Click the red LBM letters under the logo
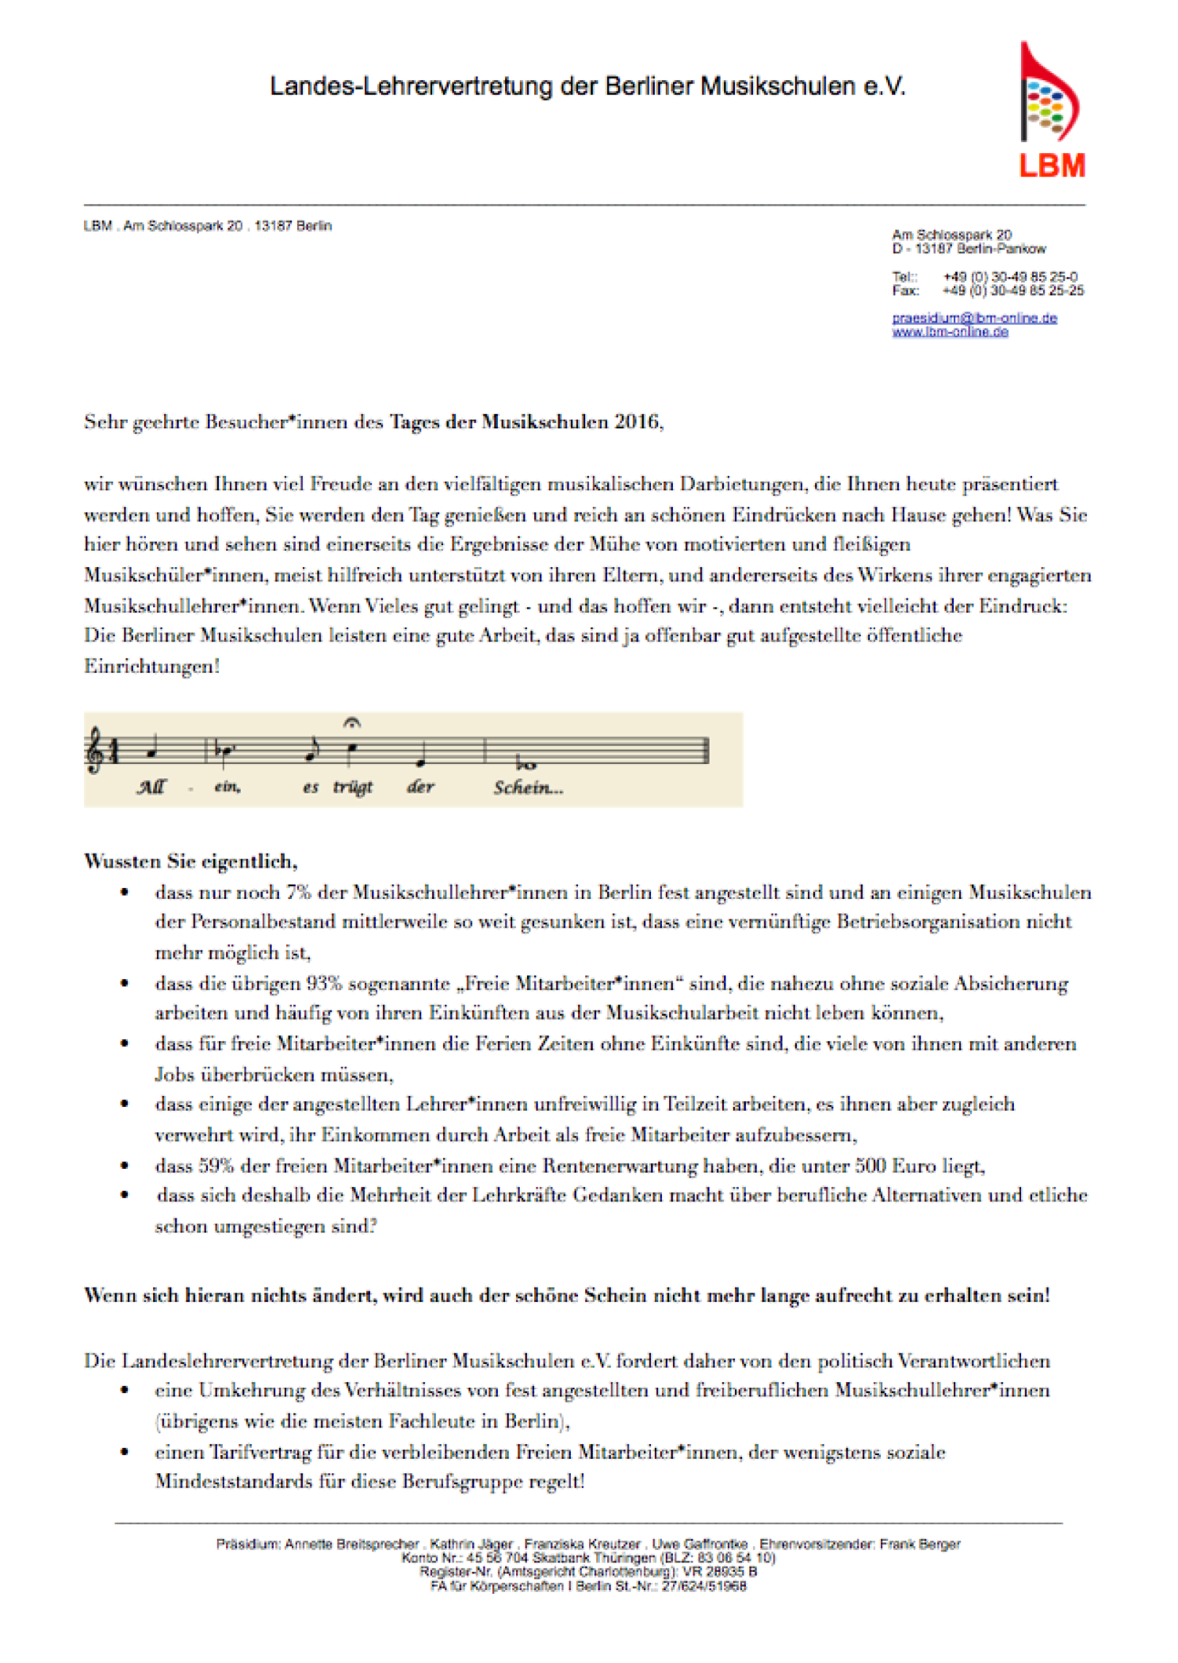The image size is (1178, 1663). coord(1052,166)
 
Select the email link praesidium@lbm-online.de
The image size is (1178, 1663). coord(974,318)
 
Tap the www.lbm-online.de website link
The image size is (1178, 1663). coord(950,332)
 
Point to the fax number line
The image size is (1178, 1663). coord(987,291)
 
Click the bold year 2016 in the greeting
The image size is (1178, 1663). coord(637,422)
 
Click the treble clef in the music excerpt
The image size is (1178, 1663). coord(95,750)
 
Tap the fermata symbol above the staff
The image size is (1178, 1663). coord(352,722)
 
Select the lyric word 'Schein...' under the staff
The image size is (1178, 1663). coord(528,788)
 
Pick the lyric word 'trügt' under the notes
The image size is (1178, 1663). coord(353,787)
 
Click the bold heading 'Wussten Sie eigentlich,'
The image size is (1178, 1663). coord(191,861)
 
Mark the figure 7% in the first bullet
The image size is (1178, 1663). coord(298,893)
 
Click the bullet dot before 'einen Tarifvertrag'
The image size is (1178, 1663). coord(124,1452)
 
